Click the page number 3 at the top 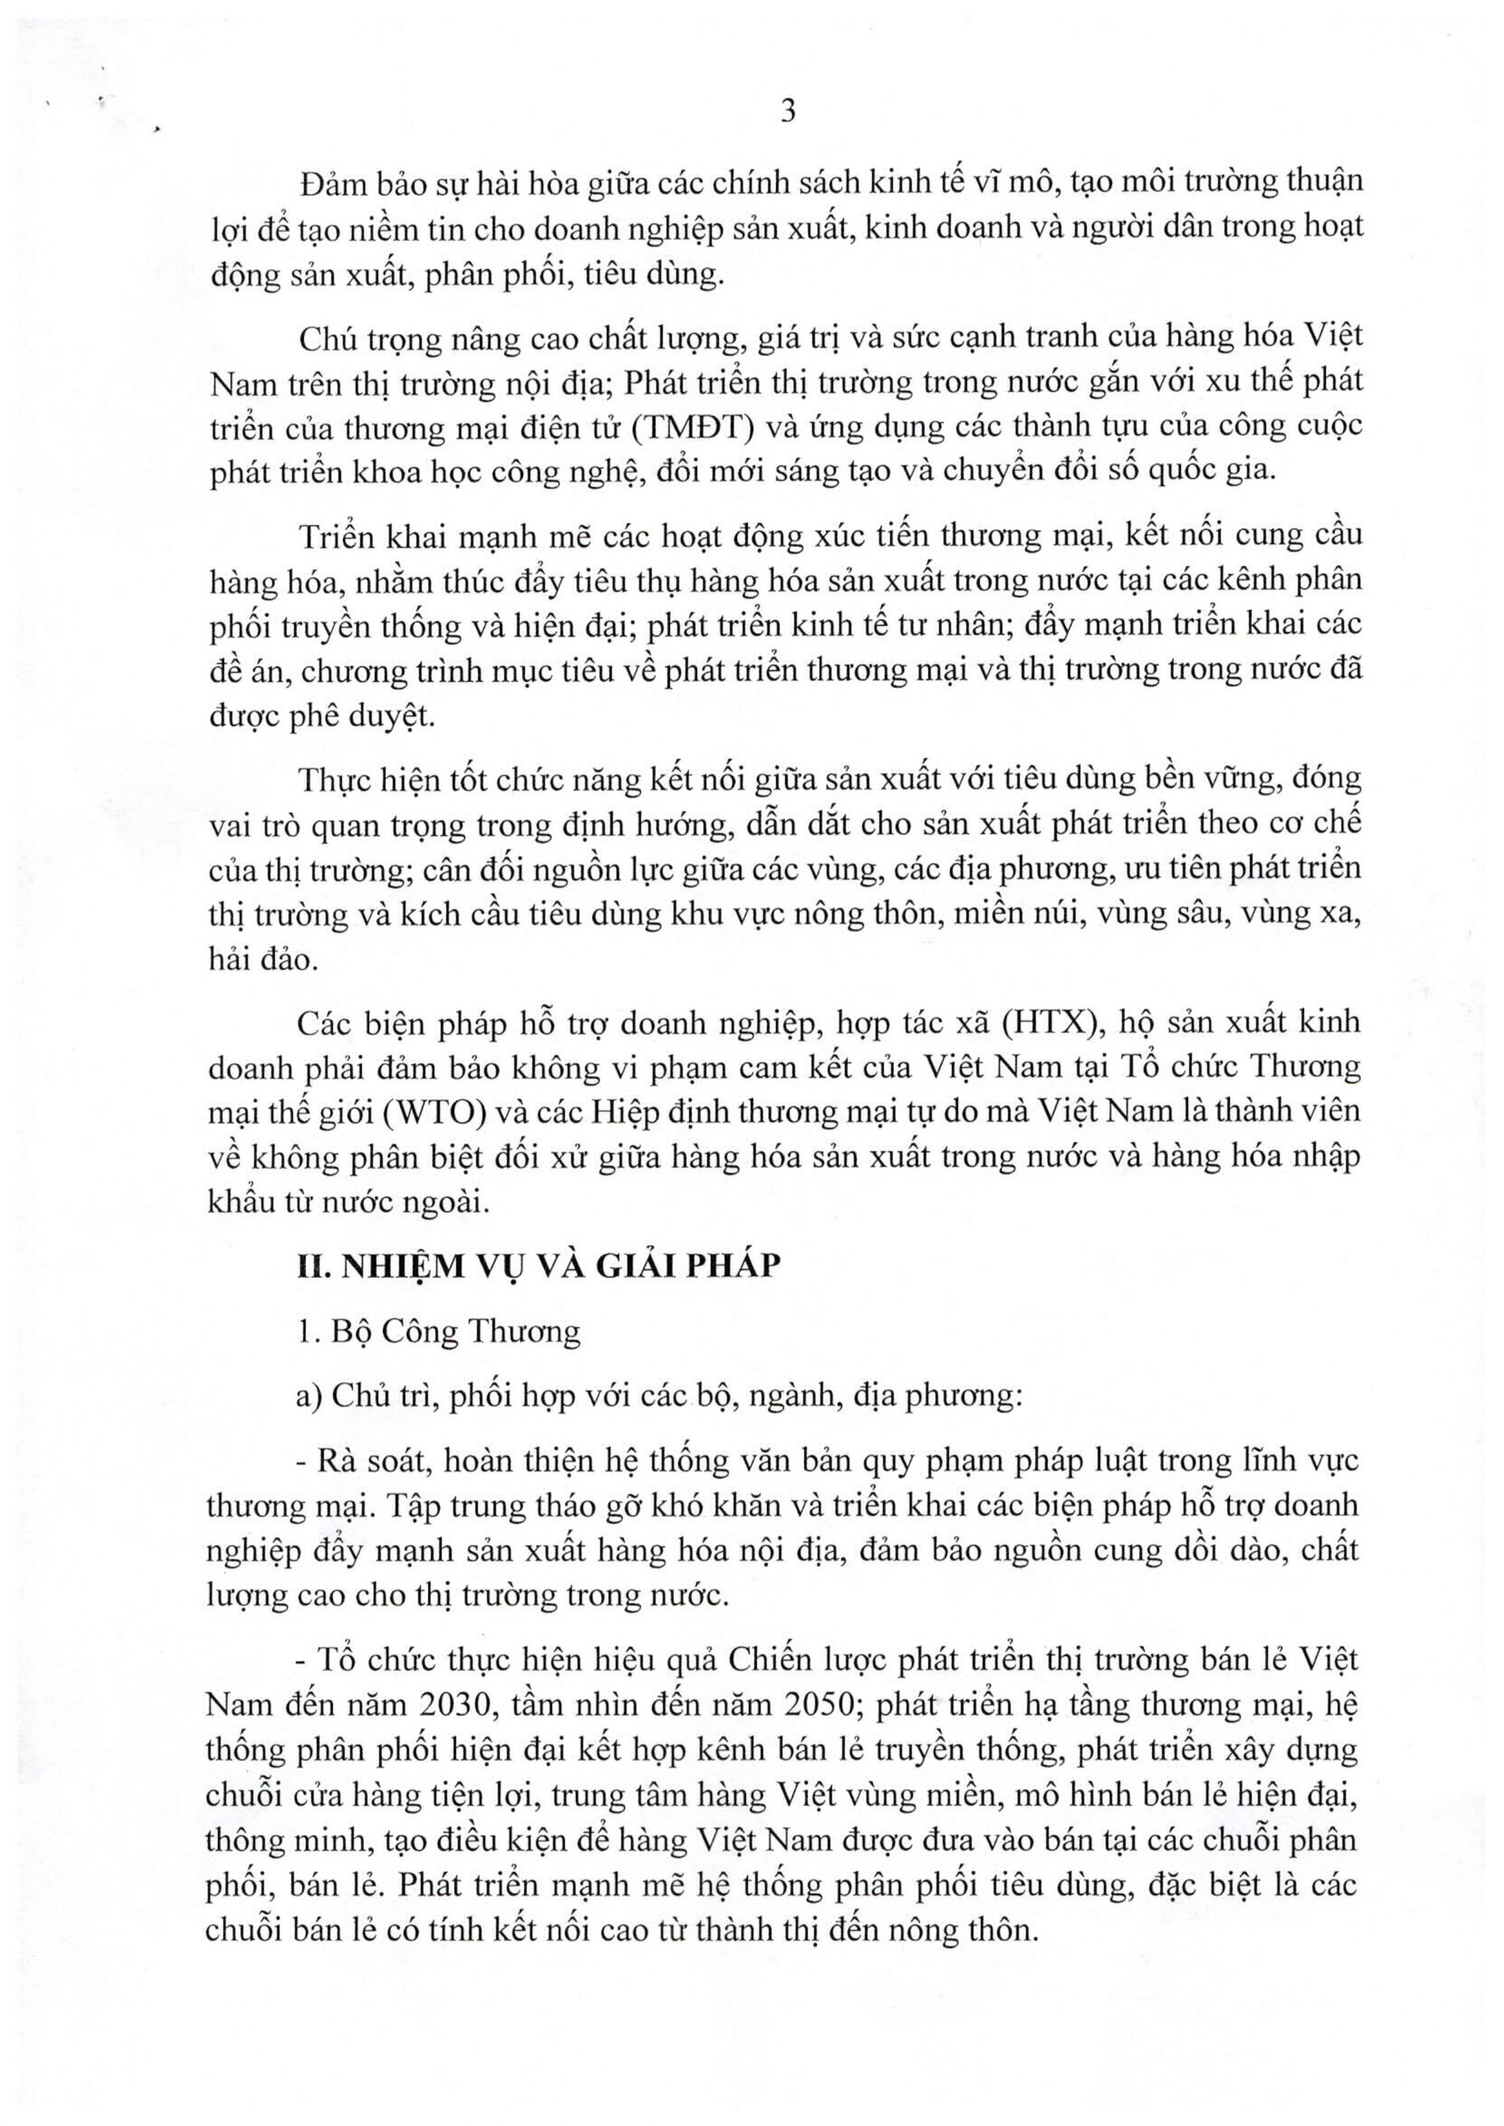[x=787, y=111]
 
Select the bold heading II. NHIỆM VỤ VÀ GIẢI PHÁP [x=538, y=1265]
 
